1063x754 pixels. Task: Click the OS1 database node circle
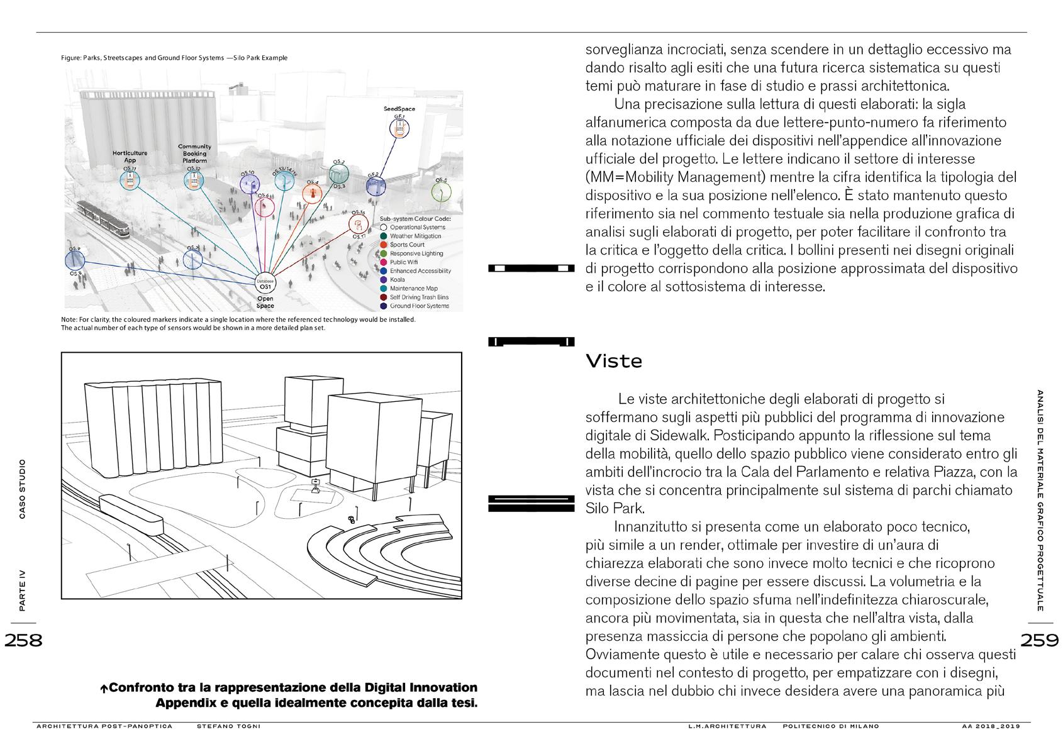(265, 286)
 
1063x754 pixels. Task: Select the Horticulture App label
(130, 157)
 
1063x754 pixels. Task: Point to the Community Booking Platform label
(194, 153)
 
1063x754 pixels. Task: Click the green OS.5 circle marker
(441, 191)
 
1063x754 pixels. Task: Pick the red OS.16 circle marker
(359, 225)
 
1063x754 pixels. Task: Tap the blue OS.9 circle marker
(75, 260)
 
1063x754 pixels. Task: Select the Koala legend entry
(397, 280)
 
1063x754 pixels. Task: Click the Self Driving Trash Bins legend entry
(418, 297)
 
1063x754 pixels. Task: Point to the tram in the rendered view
(103, 218)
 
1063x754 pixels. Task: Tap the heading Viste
(614, 362)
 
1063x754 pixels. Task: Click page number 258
(23, 640)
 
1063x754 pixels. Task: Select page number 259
(1039, 640)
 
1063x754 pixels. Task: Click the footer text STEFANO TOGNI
(228, 726)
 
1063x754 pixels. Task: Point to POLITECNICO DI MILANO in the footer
(831, 726)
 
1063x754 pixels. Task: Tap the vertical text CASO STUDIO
(23, 490)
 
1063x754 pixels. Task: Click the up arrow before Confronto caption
(104, 689)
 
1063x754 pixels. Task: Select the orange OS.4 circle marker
(312, 193)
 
